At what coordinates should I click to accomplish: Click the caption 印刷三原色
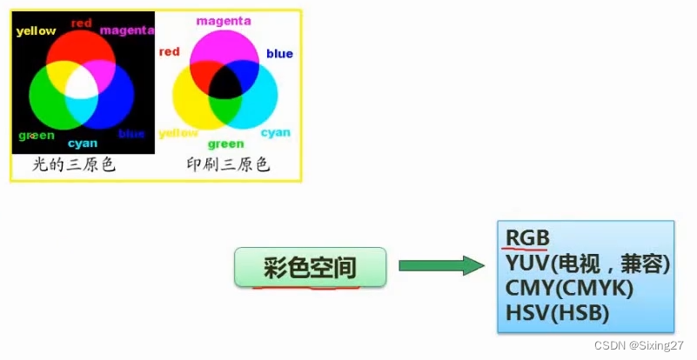click(228, 163)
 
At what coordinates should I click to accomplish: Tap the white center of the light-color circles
click(81, 84)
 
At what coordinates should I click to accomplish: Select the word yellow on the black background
click(37, 31)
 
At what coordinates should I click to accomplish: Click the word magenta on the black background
click(127, 30)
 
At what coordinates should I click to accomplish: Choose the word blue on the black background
click(131, 134)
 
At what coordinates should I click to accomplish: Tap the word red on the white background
click(169, 52)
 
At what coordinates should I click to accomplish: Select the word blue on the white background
click(279, 54)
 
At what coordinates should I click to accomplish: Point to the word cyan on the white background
click(276, 132)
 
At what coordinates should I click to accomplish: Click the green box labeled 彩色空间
click(310, 267)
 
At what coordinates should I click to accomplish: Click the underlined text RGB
click(527, 237)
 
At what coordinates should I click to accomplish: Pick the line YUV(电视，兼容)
click(587, 263)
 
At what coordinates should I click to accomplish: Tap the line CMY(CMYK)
click(568, 288)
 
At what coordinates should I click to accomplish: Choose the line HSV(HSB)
click(556, 313)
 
